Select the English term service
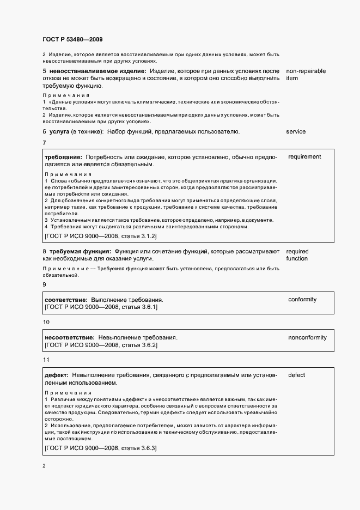[x=296, y=131]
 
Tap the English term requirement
[x=304, y=157]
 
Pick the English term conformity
[x=302, y=300]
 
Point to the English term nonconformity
[x=307, y=338]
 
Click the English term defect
[x=296, y=375]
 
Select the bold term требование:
[x=63, y=157]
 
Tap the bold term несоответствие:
[x=69, y=338]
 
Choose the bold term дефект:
[x=56, y=375]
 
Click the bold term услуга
[x=59, y=131]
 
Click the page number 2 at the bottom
[x=44, y=466]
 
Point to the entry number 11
[x=46, y=360]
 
